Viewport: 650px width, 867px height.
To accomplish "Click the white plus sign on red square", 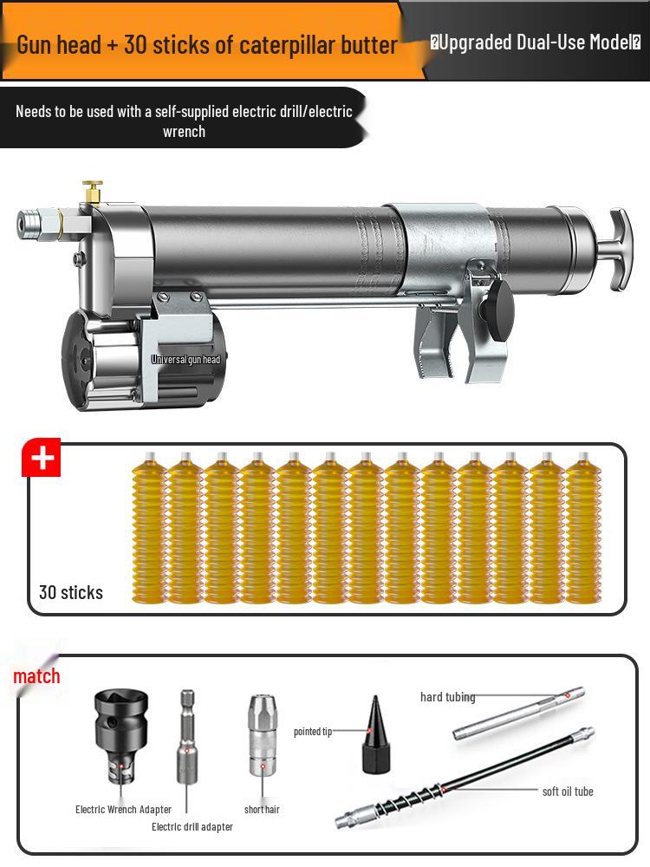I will pyautogui.click(x=41, y=459).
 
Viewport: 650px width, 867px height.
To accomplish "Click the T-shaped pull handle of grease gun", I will pyautogui.click(x=620, y=250).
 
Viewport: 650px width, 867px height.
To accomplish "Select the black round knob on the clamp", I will pyautogui.click(x=500, y=306).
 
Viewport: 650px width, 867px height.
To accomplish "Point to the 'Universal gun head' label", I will pyautogui.click(x=185, y=360).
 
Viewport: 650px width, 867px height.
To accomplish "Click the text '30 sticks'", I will pyautogui.click(x=71, y=592).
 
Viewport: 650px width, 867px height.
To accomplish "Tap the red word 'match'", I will pyautogui.click(x=36, y=676).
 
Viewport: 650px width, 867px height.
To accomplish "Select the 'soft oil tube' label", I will pyautogui.click(x=568, y=792).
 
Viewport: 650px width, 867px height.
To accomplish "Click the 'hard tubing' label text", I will pyautogui.click(x=447, y=697).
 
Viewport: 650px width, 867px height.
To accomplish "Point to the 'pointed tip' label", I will pyautogui.click(x=313, y=732).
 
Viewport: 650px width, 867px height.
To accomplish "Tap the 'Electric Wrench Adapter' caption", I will pyautogui.click(x=123, y=810).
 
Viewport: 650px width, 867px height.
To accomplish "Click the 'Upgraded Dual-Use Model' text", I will pyautogui.click(x=535, y=42).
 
